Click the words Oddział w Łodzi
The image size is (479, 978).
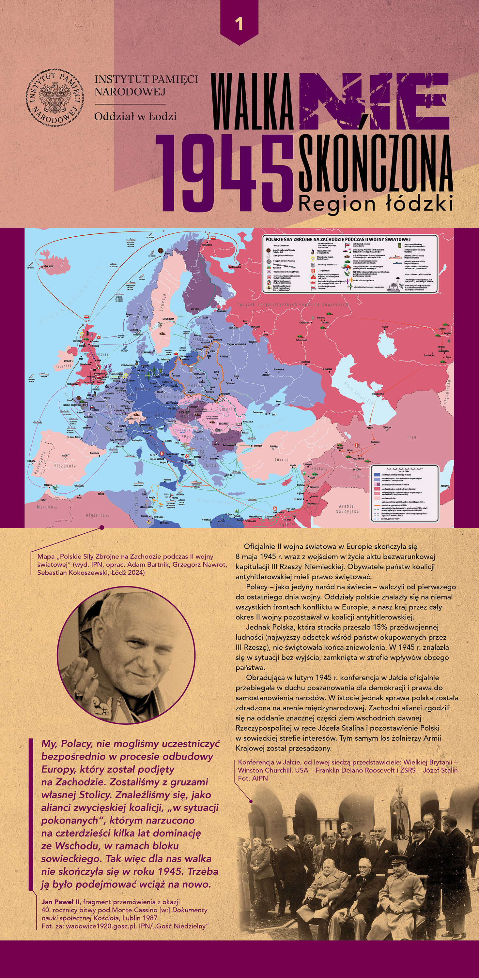click(x=135, y=117)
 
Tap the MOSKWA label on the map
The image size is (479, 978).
click(x=255, y=327)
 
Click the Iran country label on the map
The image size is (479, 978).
click(x=412, y=437)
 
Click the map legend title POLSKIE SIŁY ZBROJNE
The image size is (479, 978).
click(x=338, y=239)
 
